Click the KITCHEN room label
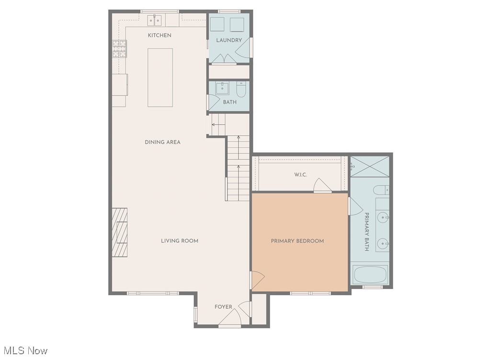(159, 35)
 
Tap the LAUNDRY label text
(229, 40)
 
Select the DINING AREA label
(163, 142)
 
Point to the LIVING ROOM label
(180, 241)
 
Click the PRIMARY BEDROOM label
(297, 241)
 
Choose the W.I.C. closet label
(301, 175)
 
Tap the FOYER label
(223, 307)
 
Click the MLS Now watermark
(24, 351)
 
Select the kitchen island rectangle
(160, 77)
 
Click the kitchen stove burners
(119, 48)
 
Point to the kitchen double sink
(154, 20)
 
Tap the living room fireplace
(120, 232)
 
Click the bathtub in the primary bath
(370, 275)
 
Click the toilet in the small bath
(241, 89)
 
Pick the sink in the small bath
(222, 88)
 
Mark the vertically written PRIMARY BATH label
(367, 232)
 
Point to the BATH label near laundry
(230, 102)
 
